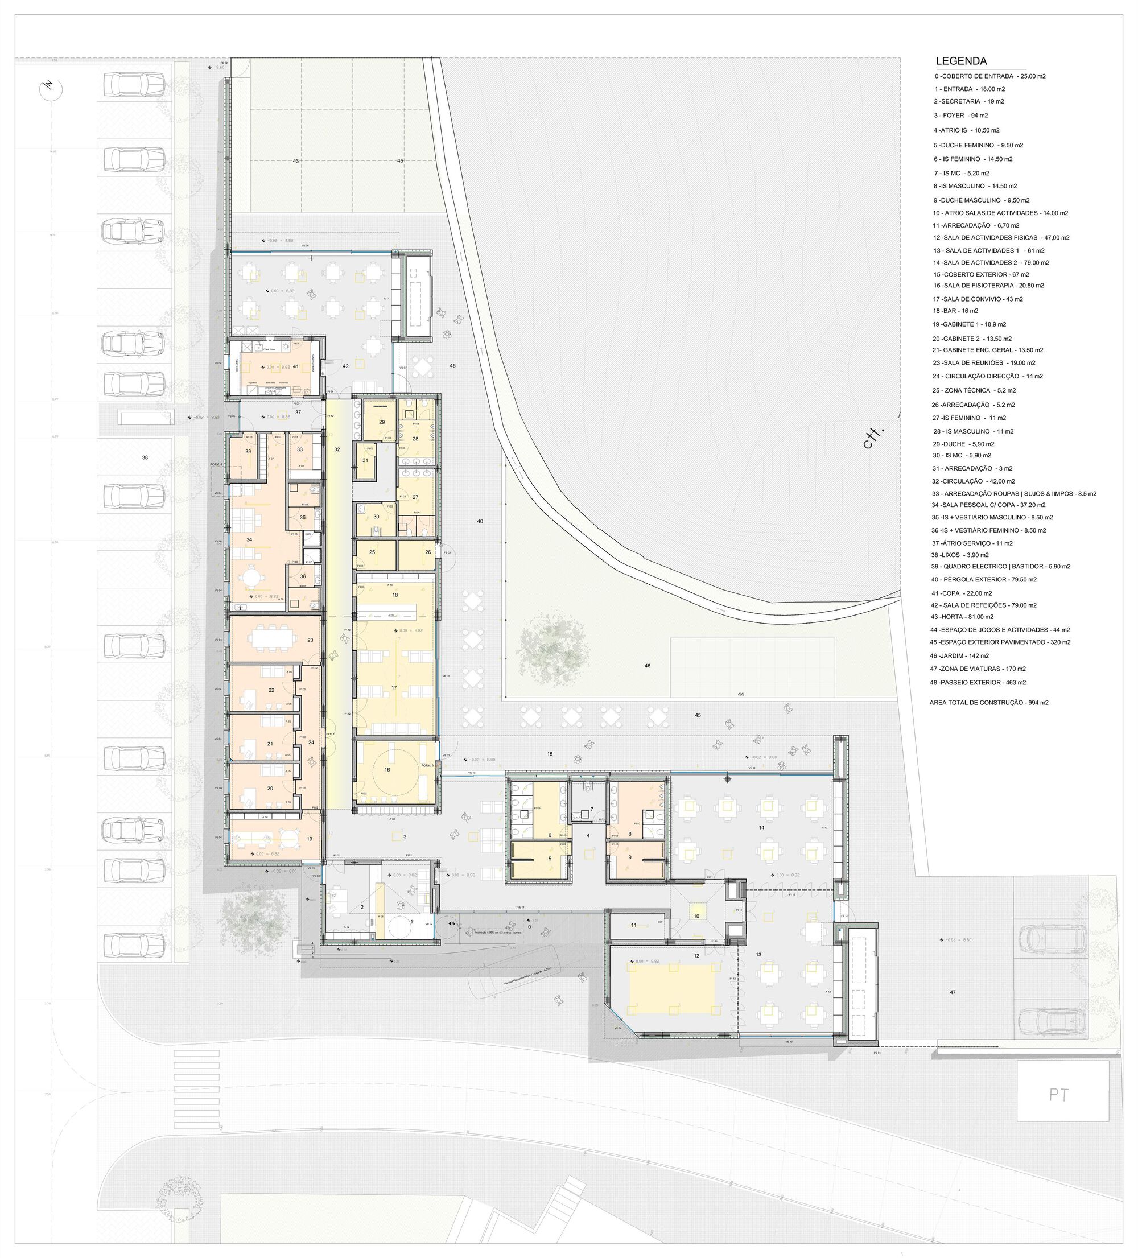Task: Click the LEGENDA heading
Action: tap(961, 61)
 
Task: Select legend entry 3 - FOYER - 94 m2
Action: tap(961, 116)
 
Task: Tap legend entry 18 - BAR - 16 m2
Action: tap(955, 311)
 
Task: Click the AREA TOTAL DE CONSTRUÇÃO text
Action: tap(988, 703)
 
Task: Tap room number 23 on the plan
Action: tap(310, 640)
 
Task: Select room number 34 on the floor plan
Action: tap(250, 540)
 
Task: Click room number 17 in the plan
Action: tap(394, 688)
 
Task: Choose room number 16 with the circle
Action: tap(387, 770)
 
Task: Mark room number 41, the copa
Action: tap(296, 366)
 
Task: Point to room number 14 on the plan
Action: tap(762, 827)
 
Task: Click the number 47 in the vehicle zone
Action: tap(953, 992)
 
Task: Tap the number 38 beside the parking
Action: tap(145, 457)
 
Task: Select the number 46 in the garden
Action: tap(648, 666)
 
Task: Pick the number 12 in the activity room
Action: tap(696, 956)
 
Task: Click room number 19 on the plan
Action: tap(310, 839)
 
